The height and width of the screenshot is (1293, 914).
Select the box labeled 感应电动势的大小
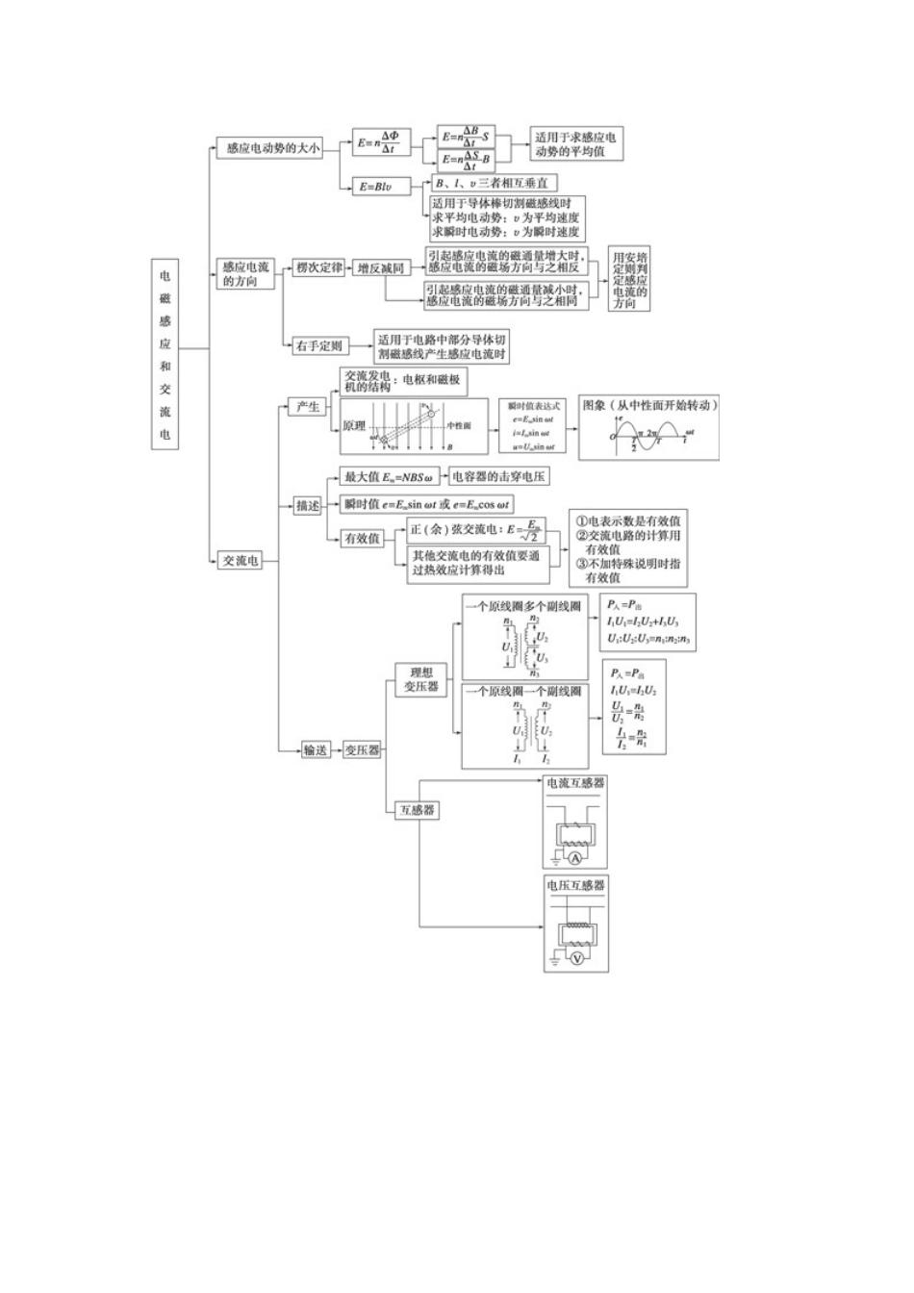point(268,148)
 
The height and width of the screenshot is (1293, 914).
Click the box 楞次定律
point(319,267)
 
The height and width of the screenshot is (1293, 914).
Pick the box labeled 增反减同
point(380,268)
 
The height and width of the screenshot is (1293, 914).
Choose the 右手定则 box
point(318,345)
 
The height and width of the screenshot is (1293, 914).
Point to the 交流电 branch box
point(240,560)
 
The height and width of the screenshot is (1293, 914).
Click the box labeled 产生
point(308,407)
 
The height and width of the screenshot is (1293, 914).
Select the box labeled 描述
point(308,505)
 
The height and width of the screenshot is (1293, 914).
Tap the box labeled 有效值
point(362,539)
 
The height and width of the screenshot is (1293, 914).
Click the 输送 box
point(316,749)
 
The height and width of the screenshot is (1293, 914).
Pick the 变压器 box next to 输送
point(362,749)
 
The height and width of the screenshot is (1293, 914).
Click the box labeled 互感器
point(417,810)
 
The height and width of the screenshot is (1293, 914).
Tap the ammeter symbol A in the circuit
point(575,858)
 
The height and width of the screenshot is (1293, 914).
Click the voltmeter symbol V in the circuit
point(577,959)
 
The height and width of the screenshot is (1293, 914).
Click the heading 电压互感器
point(576,885)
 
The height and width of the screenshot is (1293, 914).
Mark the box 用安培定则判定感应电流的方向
point(629,280)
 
